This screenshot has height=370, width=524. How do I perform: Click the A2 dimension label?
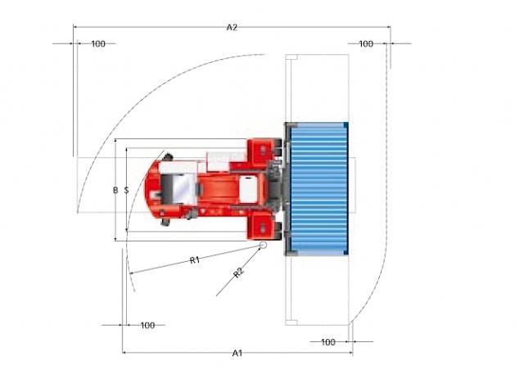click(x=232, y=27)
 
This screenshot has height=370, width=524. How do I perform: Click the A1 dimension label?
click(x=237, y=353)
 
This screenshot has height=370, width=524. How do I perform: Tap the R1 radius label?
click(x=195, y=259)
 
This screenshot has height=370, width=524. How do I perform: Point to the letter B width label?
click(x=115, y=190)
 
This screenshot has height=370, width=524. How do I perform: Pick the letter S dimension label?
click(x=126, y=190)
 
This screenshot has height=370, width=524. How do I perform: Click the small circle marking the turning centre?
click(x=264, y=245)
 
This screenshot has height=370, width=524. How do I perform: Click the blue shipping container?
click(x=318, y=188)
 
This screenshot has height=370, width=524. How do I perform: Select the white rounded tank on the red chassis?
click(x=248, y=190)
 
